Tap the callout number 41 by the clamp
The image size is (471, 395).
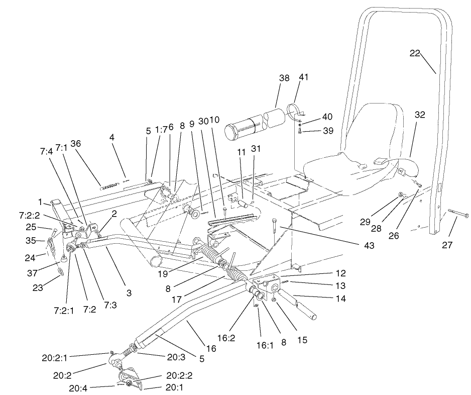click(304, 77)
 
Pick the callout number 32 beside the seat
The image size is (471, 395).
click(419, 115)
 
